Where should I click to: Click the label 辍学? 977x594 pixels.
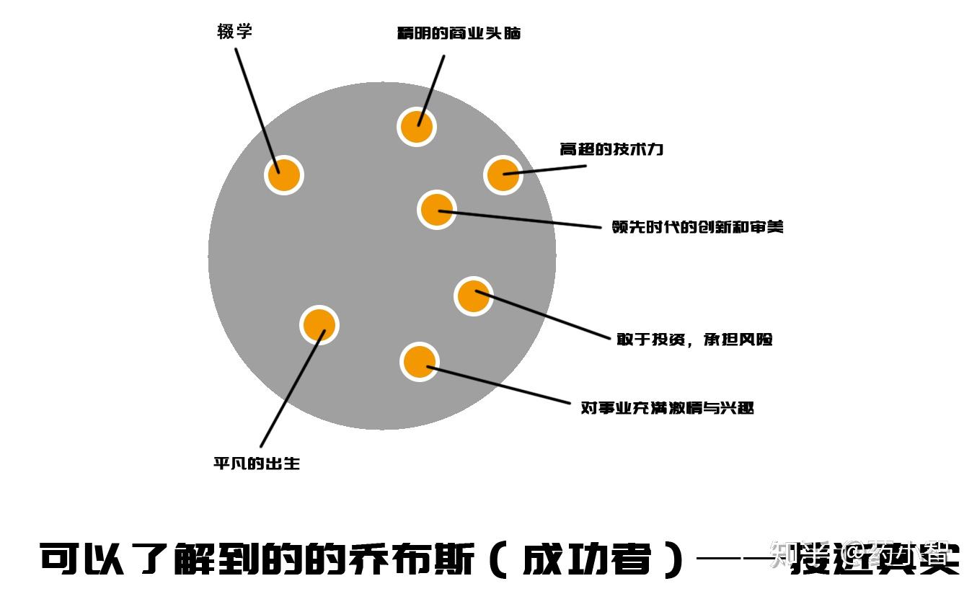pyautogui.click(x=234, y=32)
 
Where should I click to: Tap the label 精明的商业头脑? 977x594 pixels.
pyautogui.click(x=459, y=33)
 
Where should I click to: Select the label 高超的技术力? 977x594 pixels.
pyautogui.click(x=611, y=150)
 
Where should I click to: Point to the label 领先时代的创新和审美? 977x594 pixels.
pyautogui.click(x=697, y=227)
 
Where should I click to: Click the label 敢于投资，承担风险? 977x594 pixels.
pyautogui.click(x=694, y=340)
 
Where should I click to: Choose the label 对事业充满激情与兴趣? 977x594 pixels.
pyautogui.click(x=667, y=408)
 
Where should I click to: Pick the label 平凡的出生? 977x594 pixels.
pyautogui.click(x=256, y=464)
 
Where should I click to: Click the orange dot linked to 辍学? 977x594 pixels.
pyautogui.click(x=283, y=175)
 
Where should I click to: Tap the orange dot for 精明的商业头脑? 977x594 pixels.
pyautogui.click(x=416, y=127)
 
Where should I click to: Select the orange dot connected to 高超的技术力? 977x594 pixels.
pyautogui.click(x=503, y=174)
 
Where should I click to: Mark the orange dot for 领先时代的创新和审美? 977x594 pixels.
pyautogui.click(x=436, y=210)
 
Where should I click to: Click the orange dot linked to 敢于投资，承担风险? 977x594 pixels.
pyautogui.click(x=473, y=296)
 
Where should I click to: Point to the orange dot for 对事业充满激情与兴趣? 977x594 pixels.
pyautogui.click(x=419, y=362)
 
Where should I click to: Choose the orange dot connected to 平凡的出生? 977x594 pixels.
pyautogui.click(x=319, y=325)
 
